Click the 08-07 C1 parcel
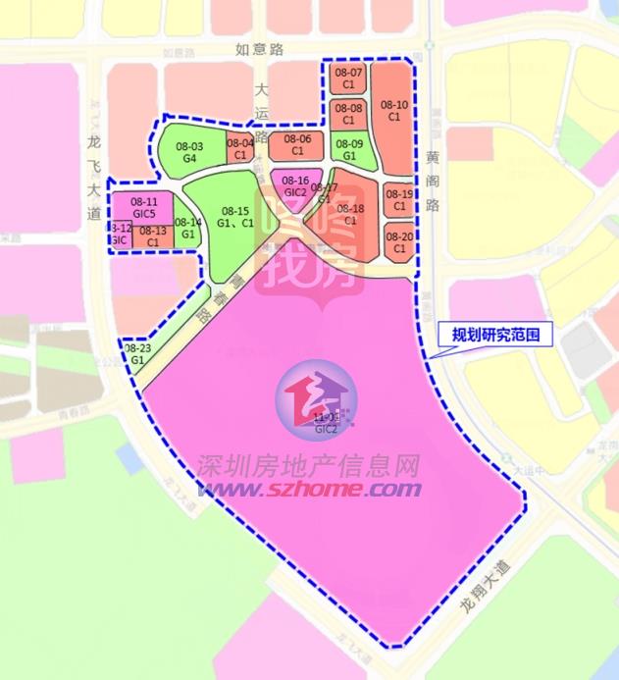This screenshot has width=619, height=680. click(x=348, y=78)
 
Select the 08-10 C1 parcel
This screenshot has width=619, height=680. click(x=394, y=110)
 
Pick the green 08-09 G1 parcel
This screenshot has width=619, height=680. click(x=349, y=148)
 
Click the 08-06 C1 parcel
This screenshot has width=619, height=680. click(x=297, y=145)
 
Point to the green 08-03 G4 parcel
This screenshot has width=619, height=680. click(x=189, y=151)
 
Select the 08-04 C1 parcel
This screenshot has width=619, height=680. click(x=240, y=149)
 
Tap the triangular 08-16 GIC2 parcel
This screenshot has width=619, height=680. click(x=294, y=184)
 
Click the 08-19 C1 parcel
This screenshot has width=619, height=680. click(x=399, y=200)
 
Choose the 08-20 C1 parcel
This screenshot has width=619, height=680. click(x=399, y=241)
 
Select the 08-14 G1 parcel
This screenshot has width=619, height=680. click(x=188, y=227)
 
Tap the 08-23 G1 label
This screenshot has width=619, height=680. click(x=138, y=354)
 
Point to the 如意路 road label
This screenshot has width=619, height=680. click(x=259, y=47)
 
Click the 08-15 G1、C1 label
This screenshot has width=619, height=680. click(x=235, y=216)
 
